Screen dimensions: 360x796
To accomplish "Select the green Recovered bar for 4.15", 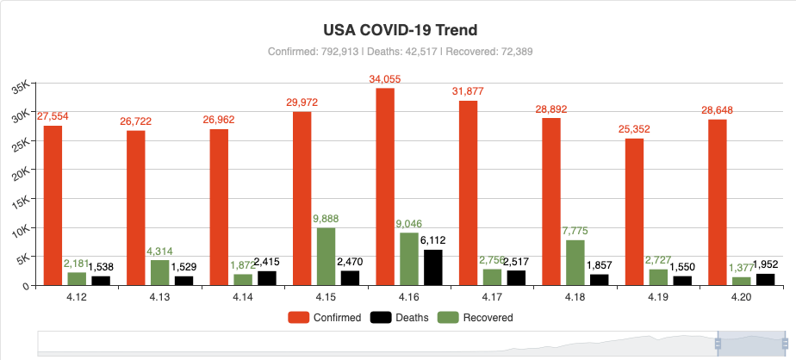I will tap(326, 256).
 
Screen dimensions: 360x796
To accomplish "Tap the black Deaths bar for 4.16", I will tap(432, 267).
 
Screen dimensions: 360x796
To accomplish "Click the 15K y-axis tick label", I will tap(22, 201).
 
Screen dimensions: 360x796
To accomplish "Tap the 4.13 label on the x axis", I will tap(160, 296).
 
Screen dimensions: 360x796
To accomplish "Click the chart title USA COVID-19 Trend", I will tap(397, 29).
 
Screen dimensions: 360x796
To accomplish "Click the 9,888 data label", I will tap(326, 219).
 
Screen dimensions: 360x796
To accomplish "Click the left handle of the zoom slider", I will tap(718, 344).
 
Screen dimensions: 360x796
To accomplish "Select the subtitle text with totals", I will tap(400, 52).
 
